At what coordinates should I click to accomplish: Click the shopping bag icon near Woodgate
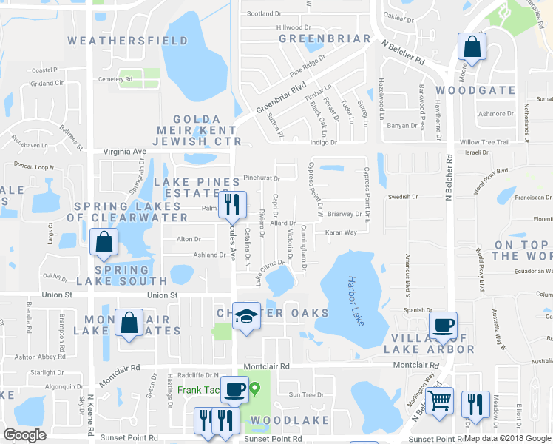coord(471,48)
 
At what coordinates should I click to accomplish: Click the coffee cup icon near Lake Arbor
coord(443,325)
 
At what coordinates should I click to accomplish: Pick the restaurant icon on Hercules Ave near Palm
coord(233,204)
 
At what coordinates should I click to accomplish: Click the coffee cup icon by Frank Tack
coord(234,388)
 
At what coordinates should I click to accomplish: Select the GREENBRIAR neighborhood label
coord(325,38)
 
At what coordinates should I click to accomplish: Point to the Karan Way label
coord(341,232)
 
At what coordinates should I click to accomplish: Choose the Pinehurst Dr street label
coord(262,178)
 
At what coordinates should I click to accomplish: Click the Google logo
coord(25,435)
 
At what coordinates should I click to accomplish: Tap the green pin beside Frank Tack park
coord(255,387)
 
